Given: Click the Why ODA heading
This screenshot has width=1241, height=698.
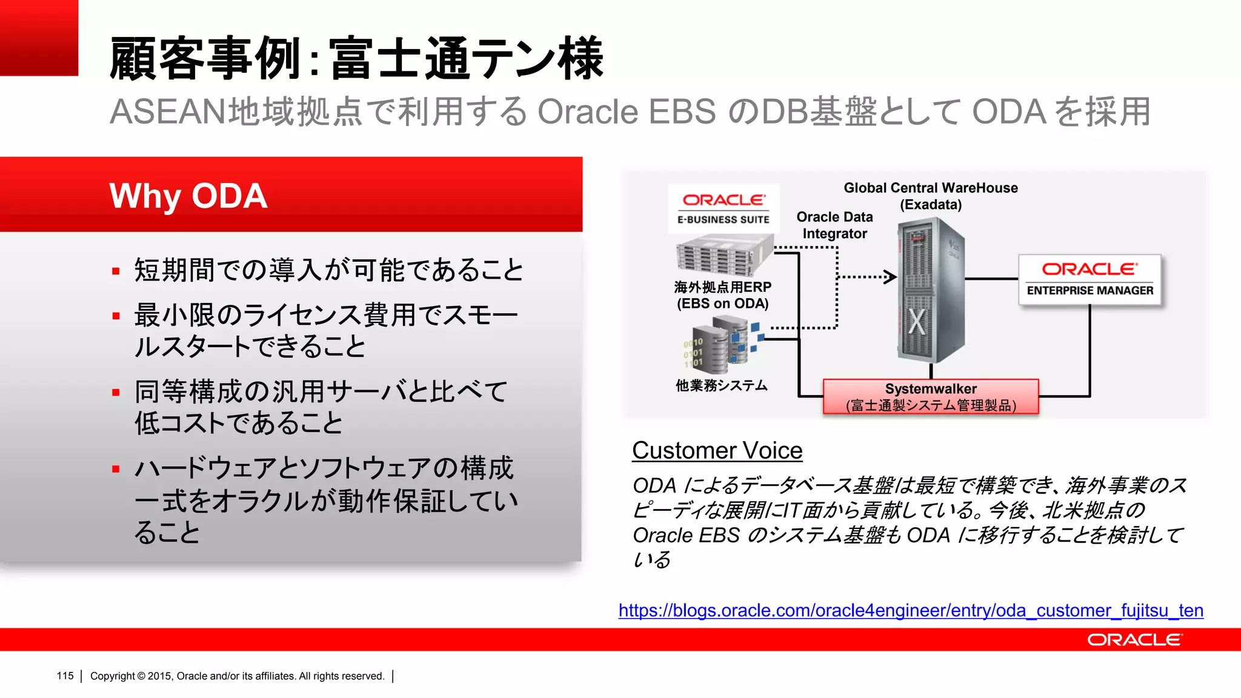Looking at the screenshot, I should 188,196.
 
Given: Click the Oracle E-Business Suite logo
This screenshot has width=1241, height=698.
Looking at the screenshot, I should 724,208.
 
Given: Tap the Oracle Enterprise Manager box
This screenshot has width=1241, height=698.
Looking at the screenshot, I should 1090,279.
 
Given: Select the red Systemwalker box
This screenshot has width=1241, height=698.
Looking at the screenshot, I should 931,397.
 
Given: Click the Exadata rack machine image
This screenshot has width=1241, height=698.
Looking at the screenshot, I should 930,291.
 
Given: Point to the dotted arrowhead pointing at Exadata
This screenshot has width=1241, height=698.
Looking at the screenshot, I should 891,277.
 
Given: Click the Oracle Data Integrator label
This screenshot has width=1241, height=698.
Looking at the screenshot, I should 834,225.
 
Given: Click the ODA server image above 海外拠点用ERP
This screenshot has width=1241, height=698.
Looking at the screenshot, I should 723,255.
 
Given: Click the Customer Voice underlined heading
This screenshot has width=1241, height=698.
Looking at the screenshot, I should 717,451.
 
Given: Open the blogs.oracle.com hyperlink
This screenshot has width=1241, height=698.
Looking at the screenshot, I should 910,610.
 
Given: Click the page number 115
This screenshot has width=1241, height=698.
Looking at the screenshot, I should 65,676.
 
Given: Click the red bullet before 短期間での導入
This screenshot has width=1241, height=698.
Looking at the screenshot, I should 116,271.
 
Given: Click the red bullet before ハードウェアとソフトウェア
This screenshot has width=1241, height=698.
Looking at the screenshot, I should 116,469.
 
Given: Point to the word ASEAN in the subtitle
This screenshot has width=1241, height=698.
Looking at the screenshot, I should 167,112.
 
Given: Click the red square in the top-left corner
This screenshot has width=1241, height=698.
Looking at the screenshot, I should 39,38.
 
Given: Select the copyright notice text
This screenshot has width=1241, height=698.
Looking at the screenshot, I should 237,676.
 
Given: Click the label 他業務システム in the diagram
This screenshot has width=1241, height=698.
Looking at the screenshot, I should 721,386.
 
